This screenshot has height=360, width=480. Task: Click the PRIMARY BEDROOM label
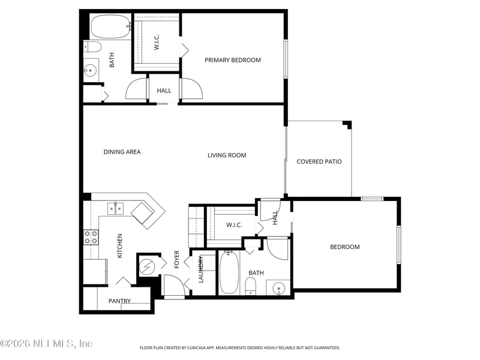(233, 60)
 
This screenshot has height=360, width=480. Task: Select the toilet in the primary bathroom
(92, 47)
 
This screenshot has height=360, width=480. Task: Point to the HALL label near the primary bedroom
(164, 91)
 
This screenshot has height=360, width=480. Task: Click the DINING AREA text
(122, 152)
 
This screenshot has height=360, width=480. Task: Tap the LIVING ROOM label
(227, 155)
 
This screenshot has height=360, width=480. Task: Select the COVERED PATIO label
(319, 161)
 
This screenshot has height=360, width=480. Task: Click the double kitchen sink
(115, 209)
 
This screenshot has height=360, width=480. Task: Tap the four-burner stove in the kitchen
(91, 237)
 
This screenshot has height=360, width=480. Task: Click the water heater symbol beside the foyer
(146, 265)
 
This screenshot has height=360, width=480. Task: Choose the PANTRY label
(119, 301)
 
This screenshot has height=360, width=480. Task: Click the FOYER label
(177, 259)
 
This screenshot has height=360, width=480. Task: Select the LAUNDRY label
(202, 270)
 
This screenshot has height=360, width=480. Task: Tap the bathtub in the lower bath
(229, 273)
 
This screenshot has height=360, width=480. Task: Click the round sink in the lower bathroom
(278, 289)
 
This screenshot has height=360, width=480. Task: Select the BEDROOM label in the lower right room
(345, 247)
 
